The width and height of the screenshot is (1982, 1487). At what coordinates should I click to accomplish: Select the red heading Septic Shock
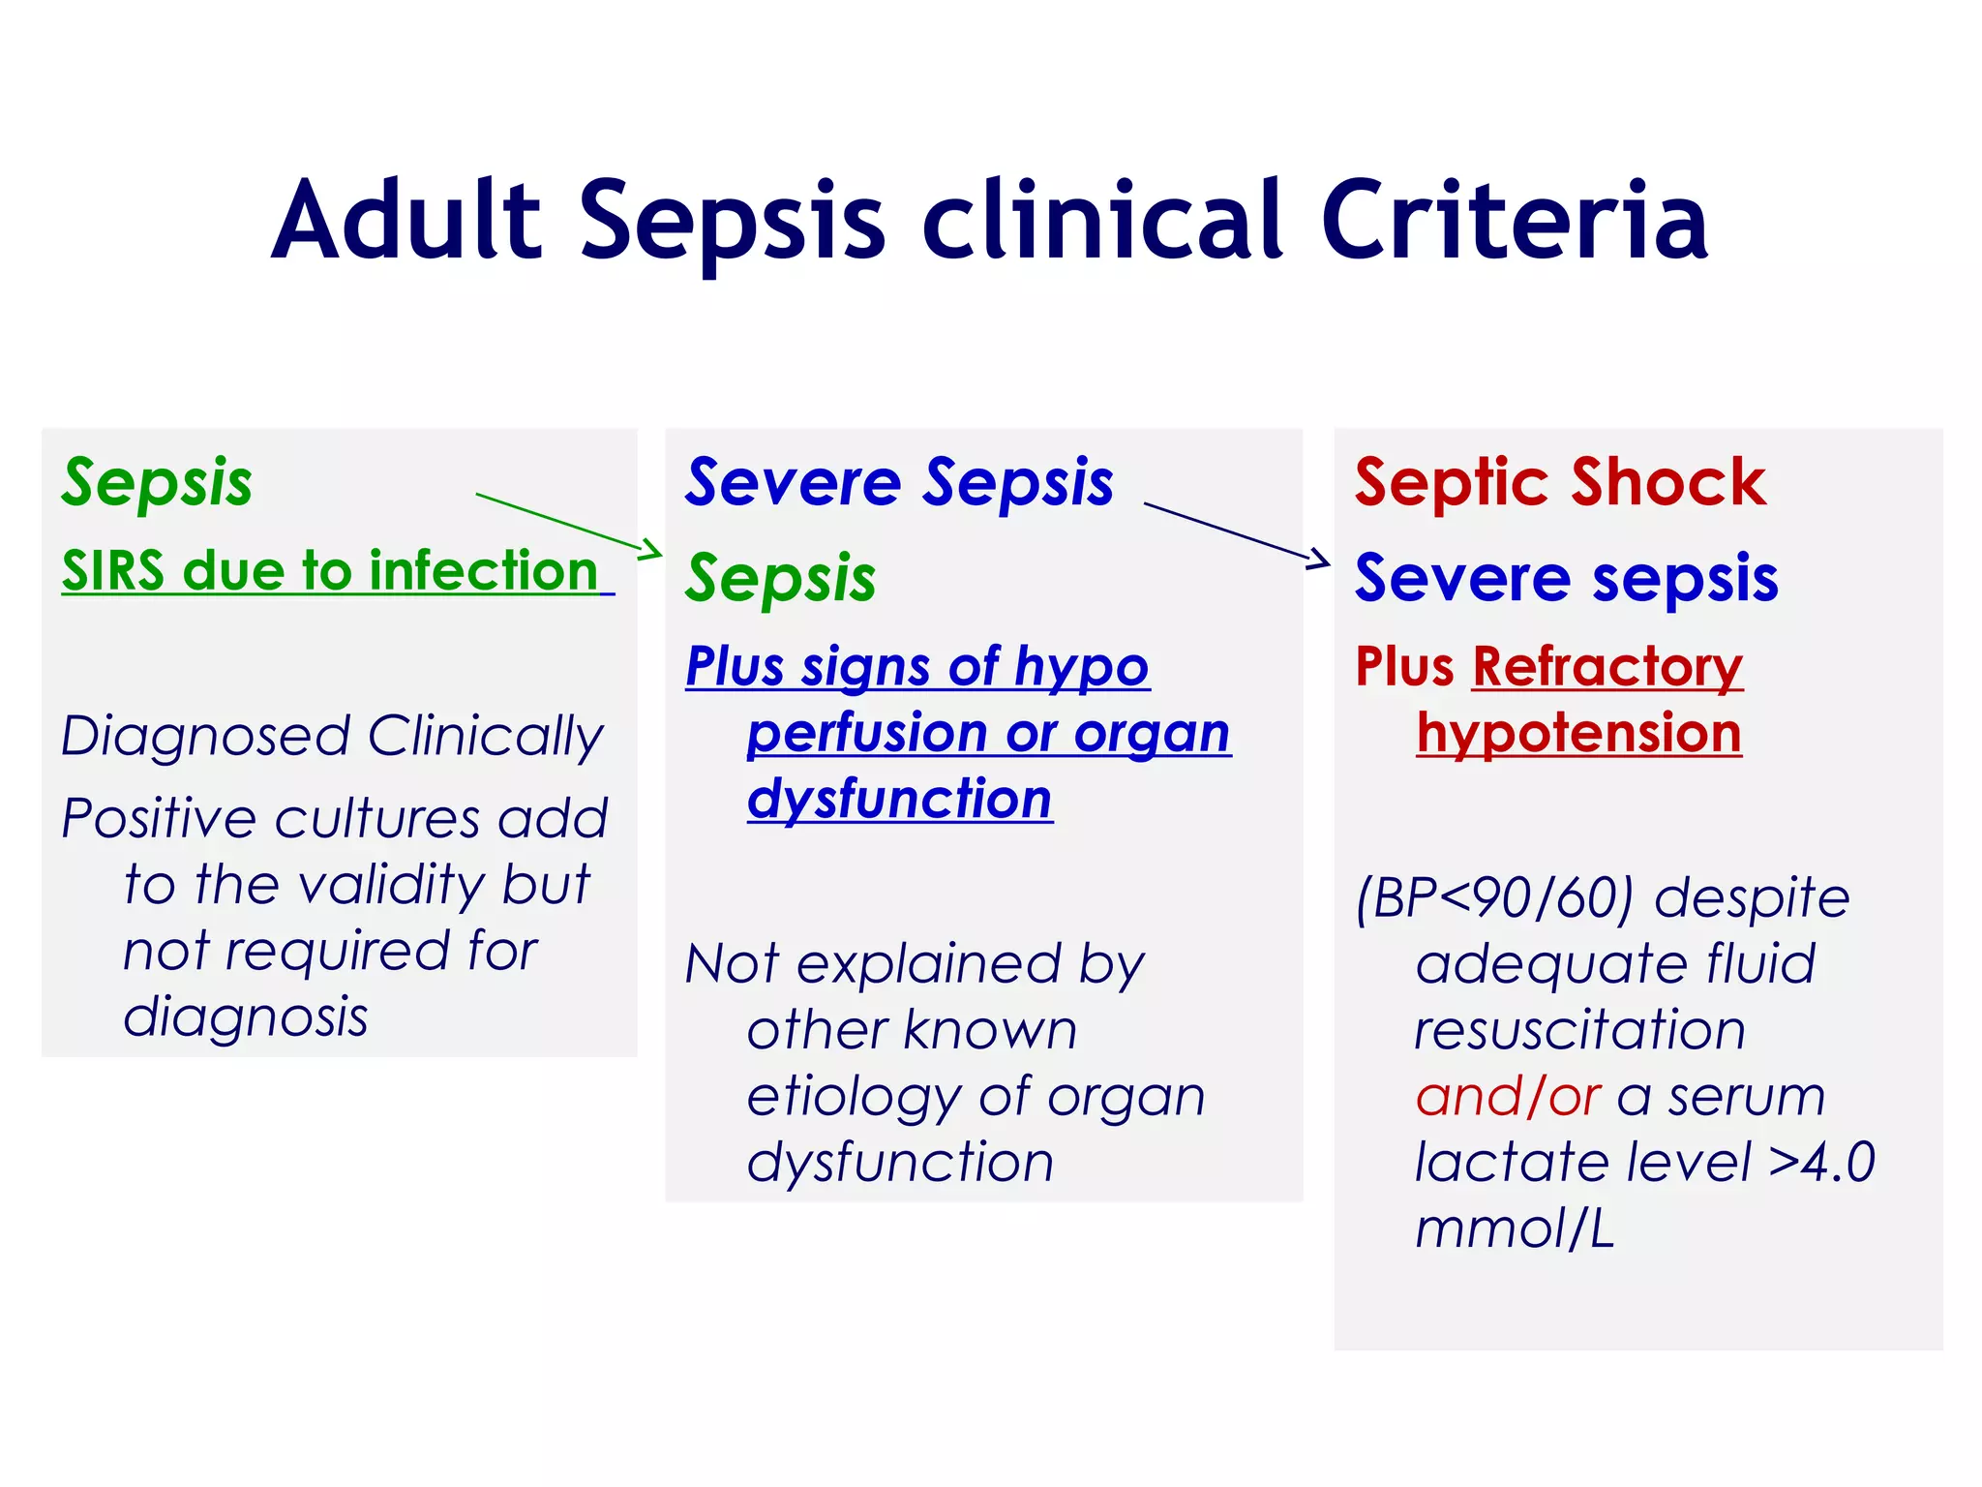point(1560,482)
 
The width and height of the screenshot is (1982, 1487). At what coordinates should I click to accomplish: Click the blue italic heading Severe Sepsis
point(899,482)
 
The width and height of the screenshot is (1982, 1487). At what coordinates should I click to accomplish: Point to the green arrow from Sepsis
point(569,524)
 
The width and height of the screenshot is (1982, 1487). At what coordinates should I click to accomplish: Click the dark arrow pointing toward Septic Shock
point(1237,533)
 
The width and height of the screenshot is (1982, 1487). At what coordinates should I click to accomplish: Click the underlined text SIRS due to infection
point(330,570)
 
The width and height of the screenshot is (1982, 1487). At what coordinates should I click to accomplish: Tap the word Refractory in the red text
point(1607,667)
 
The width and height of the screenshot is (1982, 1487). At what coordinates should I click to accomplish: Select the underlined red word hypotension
point(1578,733)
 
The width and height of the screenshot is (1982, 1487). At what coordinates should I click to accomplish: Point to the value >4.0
point(1821,1163)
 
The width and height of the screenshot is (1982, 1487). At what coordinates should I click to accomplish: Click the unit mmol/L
point(1515,1229)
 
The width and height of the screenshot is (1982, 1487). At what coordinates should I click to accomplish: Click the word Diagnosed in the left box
point(205,737)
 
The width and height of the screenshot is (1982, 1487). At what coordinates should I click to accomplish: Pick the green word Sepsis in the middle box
point(780,579)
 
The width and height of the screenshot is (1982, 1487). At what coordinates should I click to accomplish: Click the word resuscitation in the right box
point(1579,1030)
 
